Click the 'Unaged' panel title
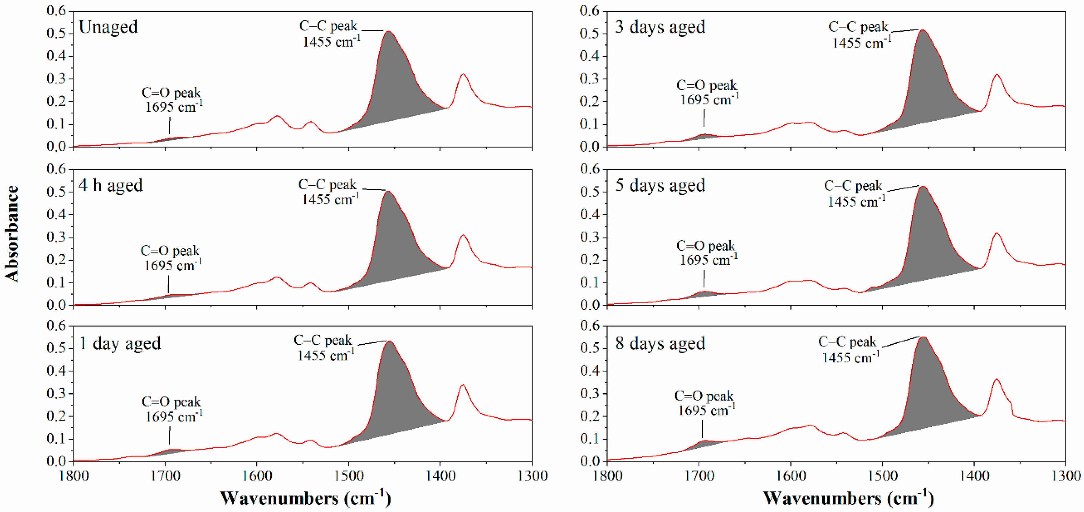(x=108, y=27)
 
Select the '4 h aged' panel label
(x=111, y=185)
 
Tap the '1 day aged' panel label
(x=120, y=343)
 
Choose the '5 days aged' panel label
(x=660, y=185)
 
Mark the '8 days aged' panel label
(x=660, y=343)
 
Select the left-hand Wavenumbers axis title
(x=305, y=498)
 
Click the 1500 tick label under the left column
(x=348, y=476)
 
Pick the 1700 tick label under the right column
(x=699, y=476)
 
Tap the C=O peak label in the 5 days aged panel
(x=707, y=252)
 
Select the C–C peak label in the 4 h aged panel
(x=329, y=192)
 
